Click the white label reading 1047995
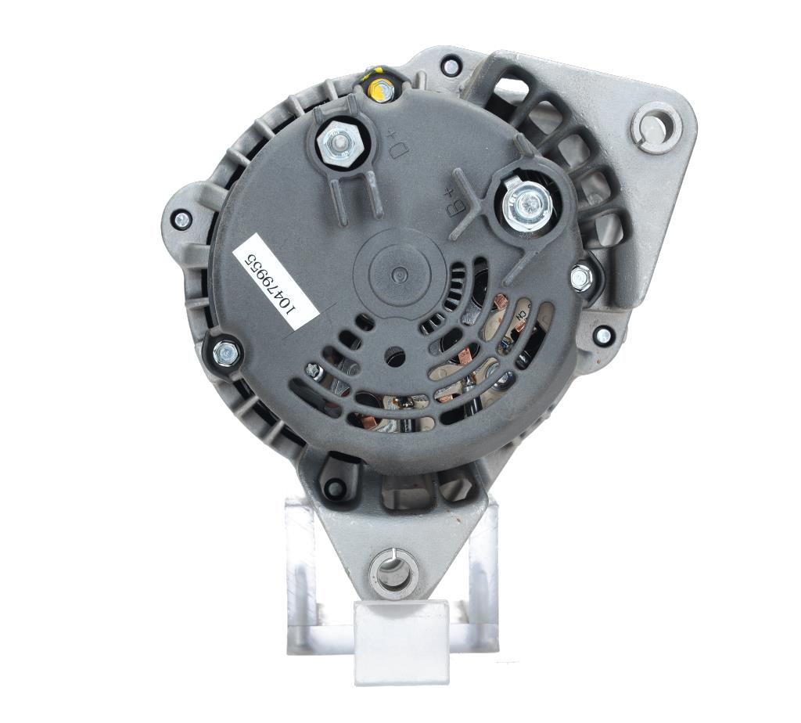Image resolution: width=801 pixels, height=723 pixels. click(x=276, y=282)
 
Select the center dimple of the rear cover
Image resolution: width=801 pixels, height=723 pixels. click(x=399, y=275)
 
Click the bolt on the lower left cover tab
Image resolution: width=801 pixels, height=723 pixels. click(x=226, y=352)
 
